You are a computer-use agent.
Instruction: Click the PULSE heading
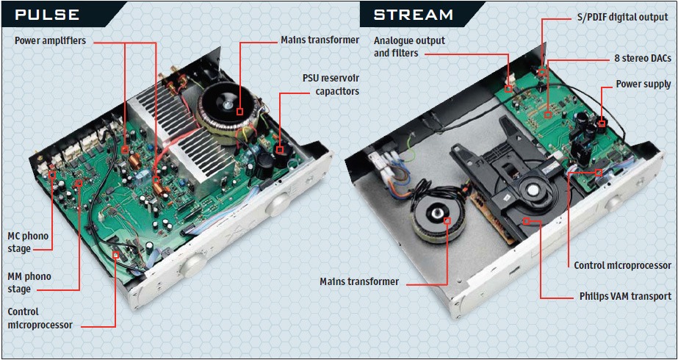(49, 15)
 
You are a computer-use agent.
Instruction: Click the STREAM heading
(413, 15)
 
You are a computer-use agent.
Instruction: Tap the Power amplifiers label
(50, 40)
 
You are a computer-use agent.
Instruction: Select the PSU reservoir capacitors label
(331, 84)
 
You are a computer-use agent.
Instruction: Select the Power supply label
(643, 84)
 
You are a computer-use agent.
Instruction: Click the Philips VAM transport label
(624, 297)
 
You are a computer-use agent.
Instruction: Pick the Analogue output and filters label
(409, 47)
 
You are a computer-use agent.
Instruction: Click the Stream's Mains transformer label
(359, 281)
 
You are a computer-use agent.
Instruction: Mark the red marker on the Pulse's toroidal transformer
(240, 112)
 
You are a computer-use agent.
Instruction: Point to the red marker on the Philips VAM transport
(527, 220)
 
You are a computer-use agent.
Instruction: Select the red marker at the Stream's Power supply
(601, 123)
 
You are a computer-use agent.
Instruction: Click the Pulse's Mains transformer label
(320, 40)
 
